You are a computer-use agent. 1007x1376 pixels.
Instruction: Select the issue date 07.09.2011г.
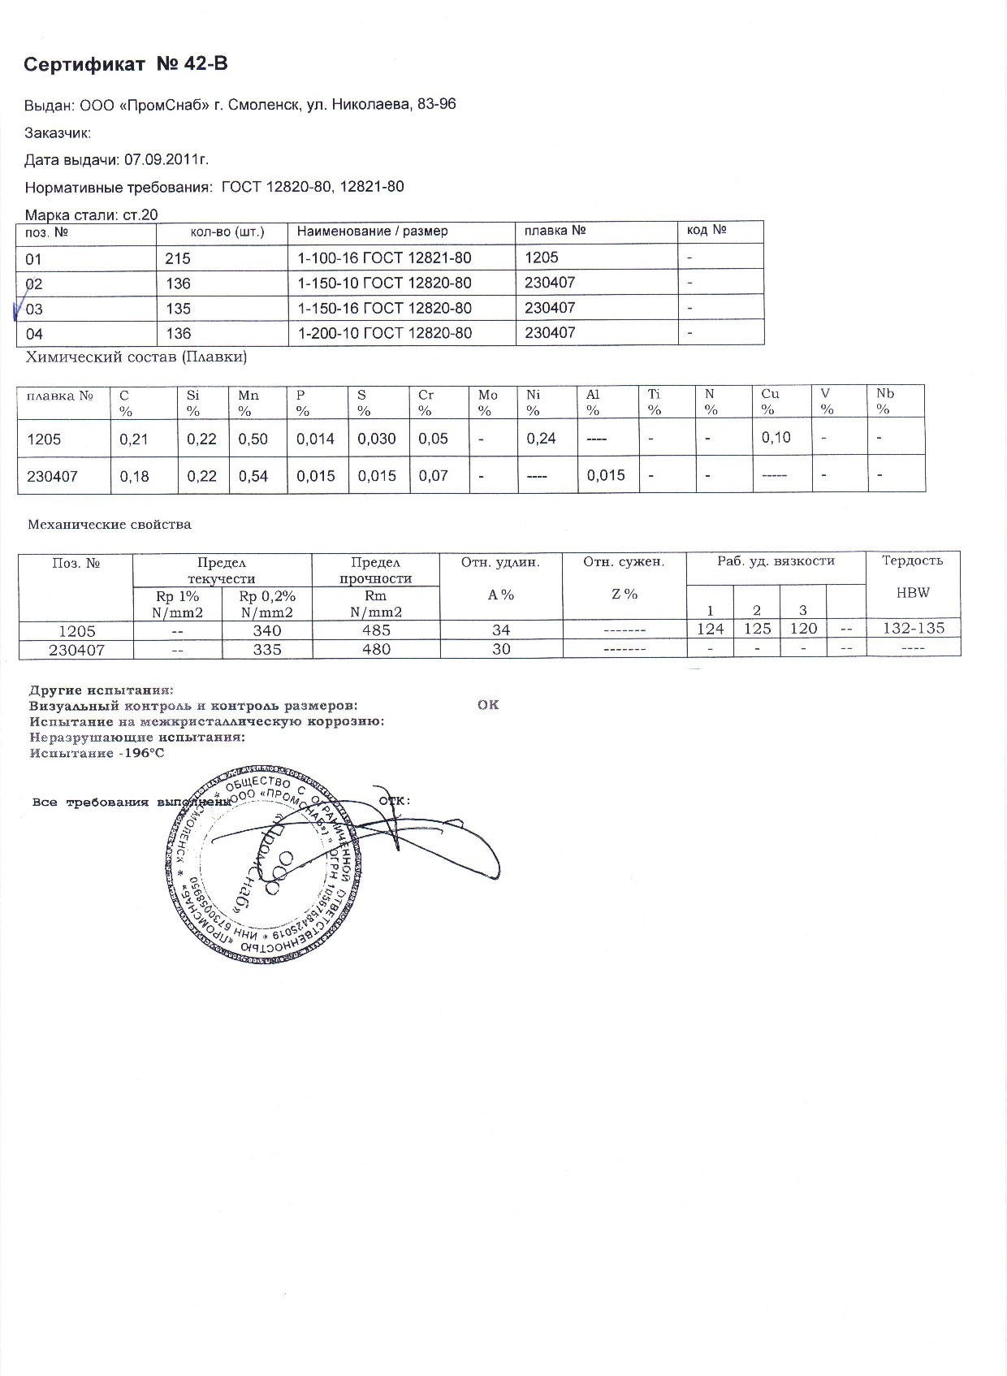(166, 159)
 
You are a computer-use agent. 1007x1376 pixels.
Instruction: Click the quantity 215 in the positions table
(178, 258)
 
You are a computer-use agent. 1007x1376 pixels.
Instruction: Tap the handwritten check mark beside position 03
(18, 311)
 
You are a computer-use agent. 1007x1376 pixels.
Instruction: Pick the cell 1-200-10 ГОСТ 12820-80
(384, 333)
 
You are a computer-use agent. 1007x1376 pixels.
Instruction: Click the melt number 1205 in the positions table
(542, 257)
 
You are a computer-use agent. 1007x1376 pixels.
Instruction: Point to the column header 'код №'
(706, 231)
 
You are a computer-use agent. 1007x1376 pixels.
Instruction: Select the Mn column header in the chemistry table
(249, 396)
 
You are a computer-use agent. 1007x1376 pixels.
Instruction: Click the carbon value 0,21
(134, 439)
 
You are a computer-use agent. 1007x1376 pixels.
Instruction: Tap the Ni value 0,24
(541, 439)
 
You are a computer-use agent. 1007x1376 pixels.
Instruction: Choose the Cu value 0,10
(776, 438)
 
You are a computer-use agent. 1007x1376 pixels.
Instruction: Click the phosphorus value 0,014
(316, 439)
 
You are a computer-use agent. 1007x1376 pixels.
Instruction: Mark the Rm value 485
(377, 630)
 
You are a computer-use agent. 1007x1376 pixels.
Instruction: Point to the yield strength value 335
(267, 650)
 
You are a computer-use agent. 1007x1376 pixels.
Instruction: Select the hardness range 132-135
(913, 629)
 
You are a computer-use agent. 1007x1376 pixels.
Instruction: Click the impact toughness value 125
(757, 629)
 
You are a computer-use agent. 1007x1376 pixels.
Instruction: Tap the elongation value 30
(501, 650)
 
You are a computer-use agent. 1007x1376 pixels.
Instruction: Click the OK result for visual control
(488, 705)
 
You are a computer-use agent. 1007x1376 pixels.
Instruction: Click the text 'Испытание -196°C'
(97, 753)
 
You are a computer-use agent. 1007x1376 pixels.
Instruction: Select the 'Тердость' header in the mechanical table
(913, 560)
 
